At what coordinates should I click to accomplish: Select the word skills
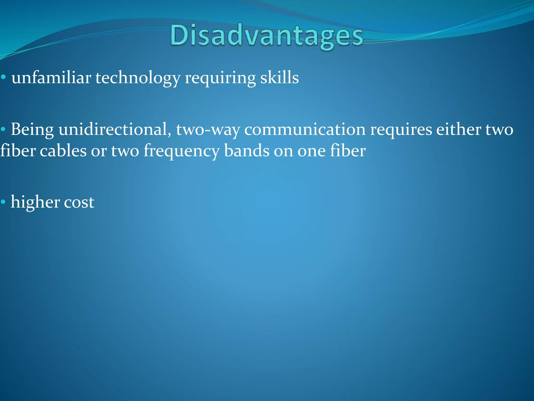[x=279, y=78]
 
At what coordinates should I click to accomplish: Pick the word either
[x=459, y=129]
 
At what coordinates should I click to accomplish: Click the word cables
[x=63, y=151]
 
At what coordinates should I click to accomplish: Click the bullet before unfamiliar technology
[x=3, y=77]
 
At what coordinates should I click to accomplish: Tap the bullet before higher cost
[x=3, y=202]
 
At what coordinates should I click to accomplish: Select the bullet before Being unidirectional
[x=3, y=129]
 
